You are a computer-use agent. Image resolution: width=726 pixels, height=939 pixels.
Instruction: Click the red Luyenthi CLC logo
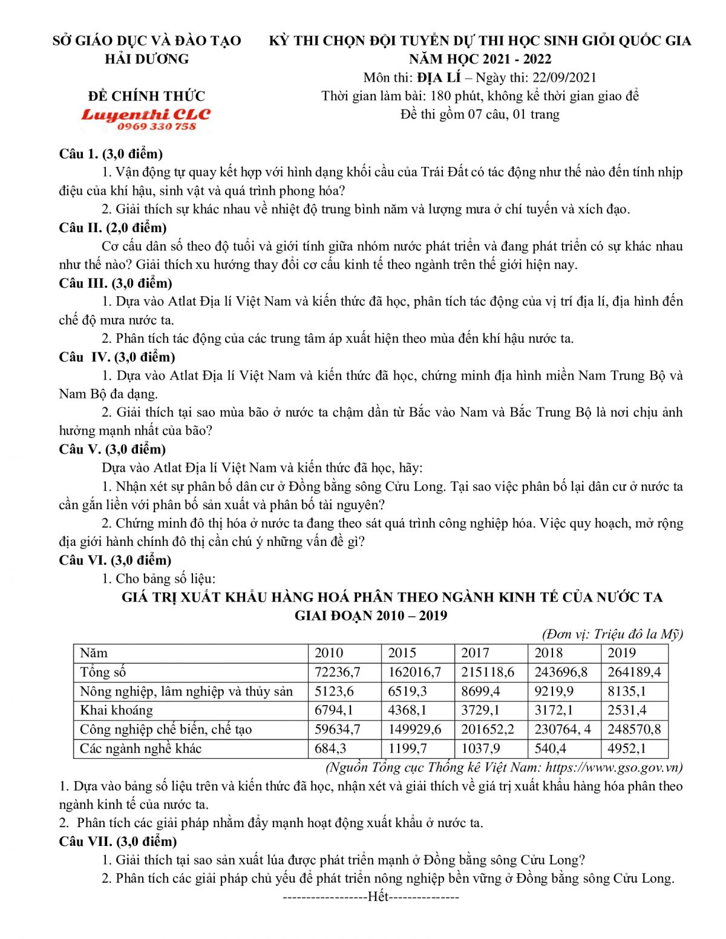(146, 114)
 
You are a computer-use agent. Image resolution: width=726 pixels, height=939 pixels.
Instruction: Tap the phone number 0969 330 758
(157, 126)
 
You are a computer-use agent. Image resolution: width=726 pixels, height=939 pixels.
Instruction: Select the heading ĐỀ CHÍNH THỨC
(146, 96)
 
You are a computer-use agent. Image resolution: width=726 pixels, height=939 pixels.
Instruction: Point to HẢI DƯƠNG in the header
(146, 59)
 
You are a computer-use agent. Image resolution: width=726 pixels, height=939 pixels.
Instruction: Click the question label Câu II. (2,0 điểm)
(113, 227)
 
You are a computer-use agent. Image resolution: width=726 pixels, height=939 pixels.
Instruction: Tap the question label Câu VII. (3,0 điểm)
(118, 841)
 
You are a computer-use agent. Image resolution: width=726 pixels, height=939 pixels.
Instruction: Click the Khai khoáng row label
(116, 710)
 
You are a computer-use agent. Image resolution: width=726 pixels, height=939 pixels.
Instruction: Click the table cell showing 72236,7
(338, 672)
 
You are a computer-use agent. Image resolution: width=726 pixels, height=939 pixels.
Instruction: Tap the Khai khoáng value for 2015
(407, 710)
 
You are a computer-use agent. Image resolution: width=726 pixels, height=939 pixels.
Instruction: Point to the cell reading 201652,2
(488, 729)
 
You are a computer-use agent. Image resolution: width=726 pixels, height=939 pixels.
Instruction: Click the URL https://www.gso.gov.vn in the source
(613, 767)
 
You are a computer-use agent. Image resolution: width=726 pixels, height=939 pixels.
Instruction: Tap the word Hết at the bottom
(378, 897)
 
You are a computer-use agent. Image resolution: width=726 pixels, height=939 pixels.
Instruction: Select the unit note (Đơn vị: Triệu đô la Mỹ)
(612, 634)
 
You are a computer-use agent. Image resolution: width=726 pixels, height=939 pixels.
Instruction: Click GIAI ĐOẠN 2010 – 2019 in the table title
(371, 616)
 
